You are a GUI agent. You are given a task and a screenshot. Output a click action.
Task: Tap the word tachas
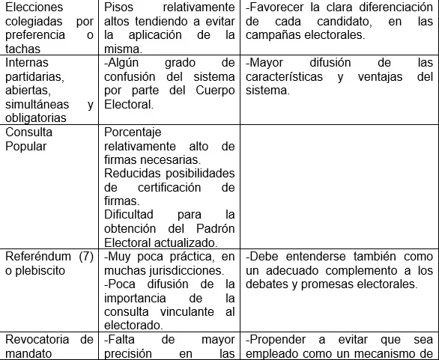pyautogui.click(x=22, y=49)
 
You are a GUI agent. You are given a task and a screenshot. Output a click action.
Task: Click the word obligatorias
pyautogui.click(x=36, y=118)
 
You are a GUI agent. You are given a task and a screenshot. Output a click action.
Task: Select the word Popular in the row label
pyautogui.click(x=26, y=146)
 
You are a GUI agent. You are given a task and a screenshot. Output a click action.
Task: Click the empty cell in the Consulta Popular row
pyautogui.click(x=338, y=187)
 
